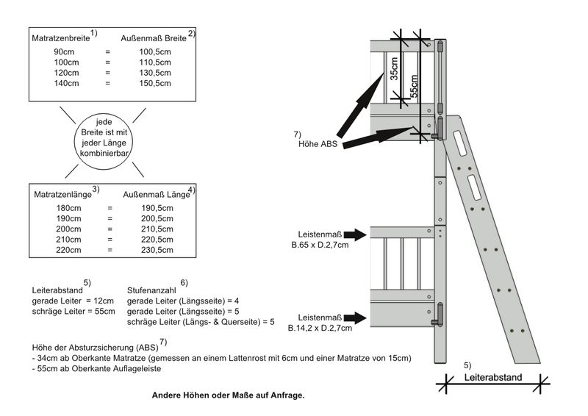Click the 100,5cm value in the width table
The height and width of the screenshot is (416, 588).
(x=155, y=51)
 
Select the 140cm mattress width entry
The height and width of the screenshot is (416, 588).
(x=66, y=83)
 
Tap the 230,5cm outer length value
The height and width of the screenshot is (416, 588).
(x=157, y=250)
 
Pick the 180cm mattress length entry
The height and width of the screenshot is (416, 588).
(x=68, y=208)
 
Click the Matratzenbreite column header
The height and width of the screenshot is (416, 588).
(x=61, y=38)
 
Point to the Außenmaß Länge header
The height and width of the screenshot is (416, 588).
(x=157, y=194)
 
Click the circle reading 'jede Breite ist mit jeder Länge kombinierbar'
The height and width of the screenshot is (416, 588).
(x=103, y=140)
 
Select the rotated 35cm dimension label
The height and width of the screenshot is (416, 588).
(x=394, y=68)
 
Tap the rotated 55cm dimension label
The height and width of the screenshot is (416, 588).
(x=414, y=86)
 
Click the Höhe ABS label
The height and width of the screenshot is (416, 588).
(x=318, y=144)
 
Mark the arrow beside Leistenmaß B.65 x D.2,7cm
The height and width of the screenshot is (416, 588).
(x=355, y=234)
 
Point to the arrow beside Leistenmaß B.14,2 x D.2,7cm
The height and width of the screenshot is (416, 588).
(x=355, y=318)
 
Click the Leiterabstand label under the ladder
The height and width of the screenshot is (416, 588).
(x=493, y=377)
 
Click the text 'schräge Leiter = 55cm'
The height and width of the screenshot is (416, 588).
(x=73, y=312)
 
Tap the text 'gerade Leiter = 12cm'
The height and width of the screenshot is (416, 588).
(x=73, y=301)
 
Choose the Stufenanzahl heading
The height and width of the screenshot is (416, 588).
(x=151, y=290)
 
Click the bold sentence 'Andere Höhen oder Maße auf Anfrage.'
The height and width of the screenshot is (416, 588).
(x=229, y=395)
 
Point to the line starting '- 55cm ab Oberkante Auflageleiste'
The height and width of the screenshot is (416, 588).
(x=97, y=368)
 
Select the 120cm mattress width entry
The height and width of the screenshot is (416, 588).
(x=66, y=73)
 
